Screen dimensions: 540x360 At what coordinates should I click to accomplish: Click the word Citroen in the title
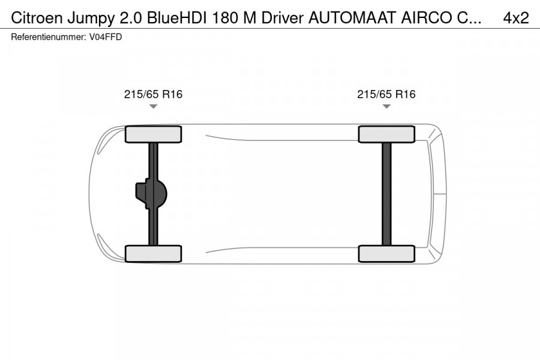pyautogui.click(x=37, y=18)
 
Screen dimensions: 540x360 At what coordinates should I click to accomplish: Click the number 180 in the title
pyautogui.click(x=225, y=18)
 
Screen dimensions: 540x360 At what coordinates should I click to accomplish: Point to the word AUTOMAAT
pyautogui.click(x=352, y=18)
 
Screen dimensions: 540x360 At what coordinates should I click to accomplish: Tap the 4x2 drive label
pyautogui.click(x=515, y=18)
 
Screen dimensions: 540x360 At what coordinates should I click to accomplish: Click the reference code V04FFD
pyautogui.click(x=106, y=37)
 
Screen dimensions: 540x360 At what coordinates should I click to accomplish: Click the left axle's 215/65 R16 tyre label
pyautogui.click(x=153, y=94)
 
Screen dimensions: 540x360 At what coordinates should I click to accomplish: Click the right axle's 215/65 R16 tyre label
pyautogui.click(x=386, y=94)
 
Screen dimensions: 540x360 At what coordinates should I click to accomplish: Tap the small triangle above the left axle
pyautogui.click(x=153, y=106)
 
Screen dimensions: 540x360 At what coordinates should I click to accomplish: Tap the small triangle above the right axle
pyautogui.click(x=386, y=106)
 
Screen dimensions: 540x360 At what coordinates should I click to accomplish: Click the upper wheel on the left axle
pyautogui.click(x=153, y=134)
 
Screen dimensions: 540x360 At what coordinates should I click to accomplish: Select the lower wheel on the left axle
pyautogui.click(x=153, y=254)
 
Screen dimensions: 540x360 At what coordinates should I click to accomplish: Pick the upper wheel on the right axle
pyautogui.click(x=386, y=134)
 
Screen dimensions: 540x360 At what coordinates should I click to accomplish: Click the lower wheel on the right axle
pyautogui.click(x=386, y=254)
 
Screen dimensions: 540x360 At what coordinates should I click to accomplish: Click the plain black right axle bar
pyautogui.click(x=387, y=194)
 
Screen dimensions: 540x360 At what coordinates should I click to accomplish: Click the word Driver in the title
pyautogui.click(x=282, y=18)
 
